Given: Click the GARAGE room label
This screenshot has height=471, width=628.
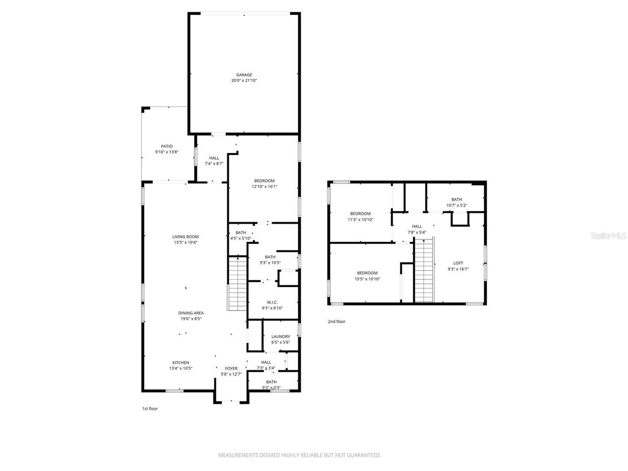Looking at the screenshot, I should point(244,75).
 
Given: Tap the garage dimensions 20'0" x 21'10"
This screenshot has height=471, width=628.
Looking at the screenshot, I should point(244,80).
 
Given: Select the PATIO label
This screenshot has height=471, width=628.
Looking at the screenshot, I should point(167,146).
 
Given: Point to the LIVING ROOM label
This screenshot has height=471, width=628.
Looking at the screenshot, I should point(185,236).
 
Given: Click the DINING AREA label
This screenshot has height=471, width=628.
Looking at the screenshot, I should point(191,313).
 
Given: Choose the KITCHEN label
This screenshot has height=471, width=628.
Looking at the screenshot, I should point(180,363).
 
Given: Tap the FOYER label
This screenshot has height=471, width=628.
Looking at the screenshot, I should point(231,368).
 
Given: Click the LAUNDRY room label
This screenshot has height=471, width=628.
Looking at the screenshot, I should point(281,337).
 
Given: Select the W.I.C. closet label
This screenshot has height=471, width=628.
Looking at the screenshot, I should point(272,302).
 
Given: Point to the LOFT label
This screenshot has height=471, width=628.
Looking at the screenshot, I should point(458,263).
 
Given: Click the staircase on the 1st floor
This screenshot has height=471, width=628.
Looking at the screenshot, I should point(237,284).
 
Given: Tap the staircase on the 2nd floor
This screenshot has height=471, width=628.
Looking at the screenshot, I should point(424,270).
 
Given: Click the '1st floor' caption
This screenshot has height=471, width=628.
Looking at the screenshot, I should point(150,408).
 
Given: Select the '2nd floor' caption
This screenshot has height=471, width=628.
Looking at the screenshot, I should point(337,321).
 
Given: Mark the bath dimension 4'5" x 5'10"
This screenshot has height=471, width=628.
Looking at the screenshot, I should point(240,238).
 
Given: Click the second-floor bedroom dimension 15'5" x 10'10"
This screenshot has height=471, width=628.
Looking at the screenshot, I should point(367,279).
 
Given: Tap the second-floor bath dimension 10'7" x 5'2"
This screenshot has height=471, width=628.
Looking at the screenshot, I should point(456,205).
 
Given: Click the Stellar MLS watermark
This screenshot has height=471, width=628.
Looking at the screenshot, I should point(608,235).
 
